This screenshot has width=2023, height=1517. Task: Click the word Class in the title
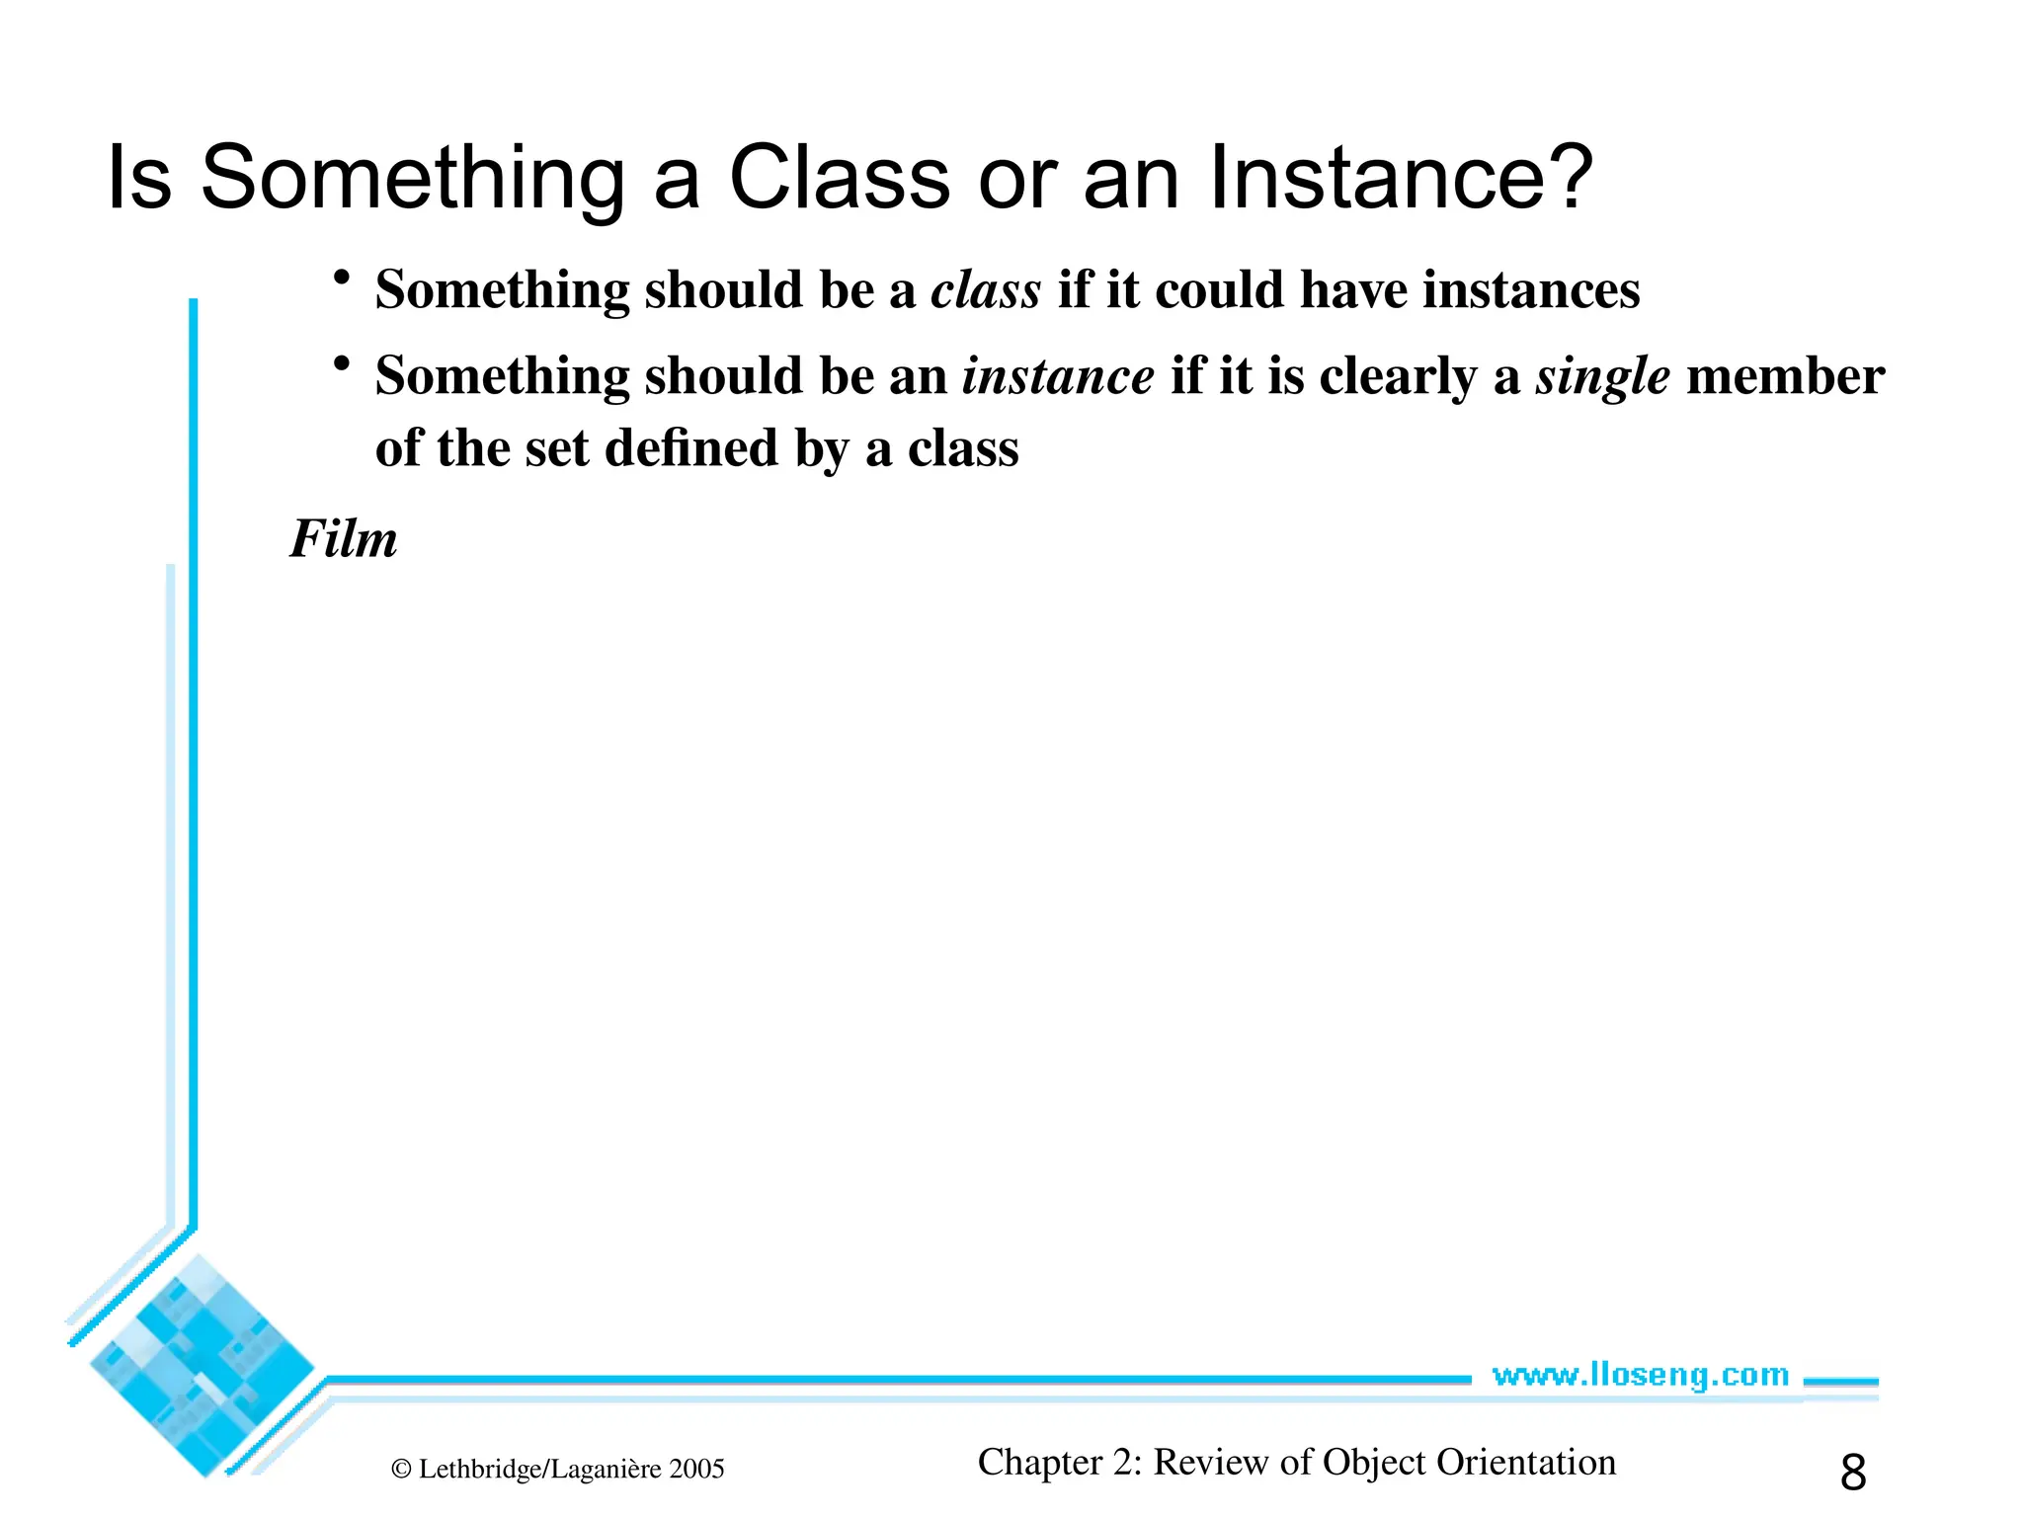click(x=839, y=178)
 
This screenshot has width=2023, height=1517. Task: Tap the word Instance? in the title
click(x=1401, y=178)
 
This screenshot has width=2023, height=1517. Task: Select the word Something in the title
click(x=412, y=180)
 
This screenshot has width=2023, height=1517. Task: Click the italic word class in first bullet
click(x=985, y=290)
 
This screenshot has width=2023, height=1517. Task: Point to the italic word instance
click(x=1057, y=376)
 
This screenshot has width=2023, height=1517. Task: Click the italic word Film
click(x=343, y=539)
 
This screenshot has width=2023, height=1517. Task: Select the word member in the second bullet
click(x=1785, y=376)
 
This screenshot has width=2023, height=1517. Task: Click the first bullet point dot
click(x=342, y=278)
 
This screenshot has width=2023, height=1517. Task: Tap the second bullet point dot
click(x=342, y=364)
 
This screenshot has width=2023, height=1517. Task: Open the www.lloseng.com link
click(x=1640, y=1375)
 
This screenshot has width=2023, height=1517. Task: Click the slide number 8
click(x=1852, y=1473)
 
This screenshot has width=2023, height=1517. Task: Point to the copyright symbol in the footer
click(x=401, y=1470)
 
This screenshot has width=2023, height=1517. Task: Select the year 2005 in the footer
click(x=696, y=1470)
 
